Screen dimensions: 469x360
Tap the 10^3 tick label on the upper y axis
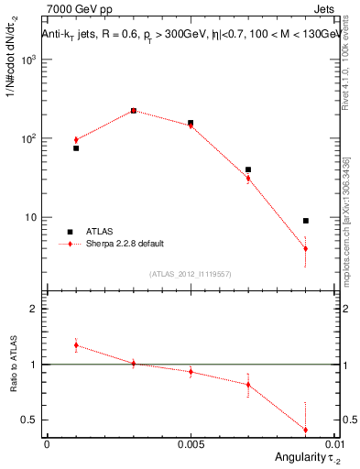(27, 60)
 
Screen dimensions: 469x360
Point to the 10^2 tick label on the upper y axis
(27, 139)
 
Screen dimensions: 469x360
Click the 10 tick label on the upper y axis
(30, 218)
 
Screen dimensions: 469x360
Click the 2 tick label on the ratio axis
(33, 309)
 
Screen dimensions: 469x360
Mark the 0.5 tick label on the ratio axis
(29, 420)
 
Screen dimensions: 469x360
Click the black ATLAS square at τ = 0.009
(306, 221)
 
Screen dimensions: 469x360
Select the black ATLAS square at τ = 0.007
(248, 169)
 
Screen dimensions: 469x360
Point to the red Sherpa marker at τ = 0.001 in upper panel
(76, 140)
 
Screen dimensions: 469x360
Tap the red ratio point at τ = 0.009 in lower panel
(306, 430)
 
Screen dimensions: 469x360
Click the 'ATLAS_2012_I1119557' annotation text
(191, 273)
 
